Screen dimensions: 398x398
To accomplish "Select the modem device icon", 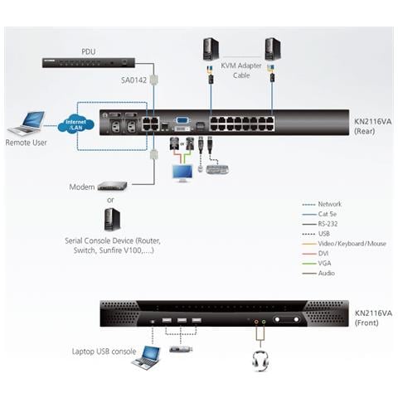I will [112, 187].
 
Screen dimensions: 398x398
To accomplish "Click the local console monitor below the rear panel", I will [182, 172].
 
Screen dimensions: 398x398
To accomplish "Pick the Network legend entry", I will [329, 204].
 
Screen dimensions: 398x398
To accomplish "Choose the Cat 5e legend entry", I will [328, 214].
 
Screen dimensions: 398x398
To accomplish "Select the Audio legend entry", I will [326, 273].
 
